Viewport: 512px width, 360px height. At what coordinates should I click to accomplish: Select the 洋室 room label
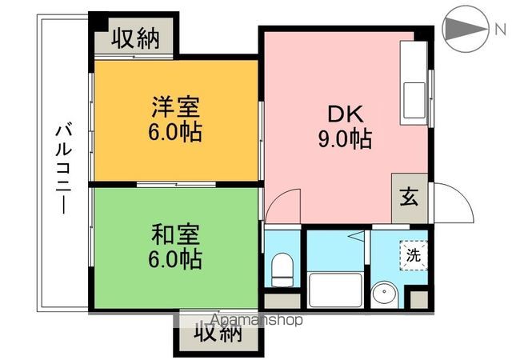[x=176, y=107]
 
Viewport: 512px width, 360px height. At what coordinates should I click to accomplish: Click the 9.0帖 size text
[x=344, y=140]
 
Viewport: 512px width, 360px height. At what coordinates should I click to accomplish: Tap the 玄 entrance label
[x=408, y=196]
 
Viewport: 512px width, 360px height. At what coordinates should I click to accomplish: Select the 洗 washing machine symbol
[x=413, y=255]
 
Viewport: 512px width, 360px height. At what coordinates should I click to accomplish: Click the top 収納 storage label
[x=134, y=38]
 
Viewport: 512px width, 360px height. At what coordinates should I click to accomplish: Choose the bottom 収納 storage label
[x=217, y=334]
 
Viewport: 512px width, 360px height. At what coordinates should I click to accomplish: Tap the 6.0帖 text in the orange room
[x=176, y=131]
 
